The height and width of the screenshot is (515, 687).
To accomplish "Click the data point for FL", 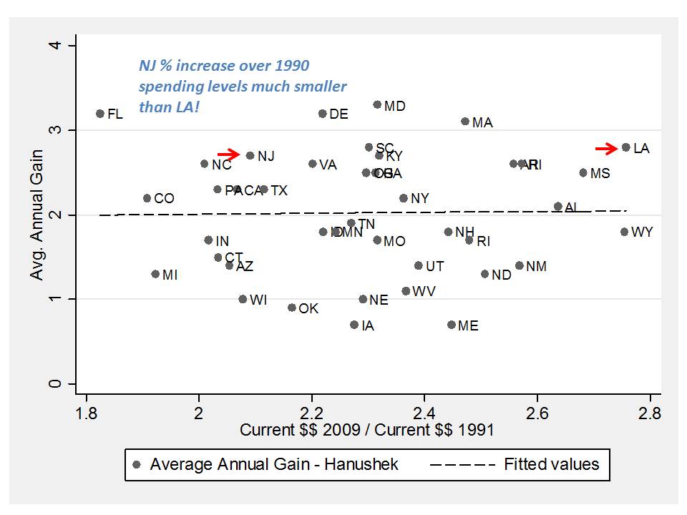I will click(100, 114).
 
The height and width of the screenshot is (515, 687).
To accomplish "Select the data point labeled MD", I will click(377, 105).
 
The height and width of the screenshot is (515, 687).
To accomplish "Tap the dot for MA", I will click(465, 122).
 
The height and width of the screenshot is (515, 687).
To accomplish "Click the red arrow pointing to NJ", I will click(229, 154).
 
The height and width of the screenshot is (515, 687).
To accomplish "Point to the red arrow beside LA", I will click(606, 149).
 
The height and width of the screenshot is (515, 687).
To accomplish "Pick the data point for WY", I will click(624, 232).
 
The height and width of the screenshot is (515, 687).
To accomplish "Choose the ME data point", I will click(452, 325).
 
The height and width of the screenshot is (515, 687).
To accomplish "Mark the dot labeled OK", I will click(291, 308).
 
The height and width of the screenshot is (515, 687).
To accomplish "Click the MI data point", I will click(155, 274).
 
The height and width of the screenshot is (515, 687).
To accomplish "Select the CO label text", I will click(164, 199).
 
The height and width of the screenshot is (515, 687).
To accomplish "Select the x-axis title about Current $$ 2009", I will click(366, 431).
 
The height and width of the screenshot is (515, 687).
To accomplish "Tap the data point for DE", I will click(323, 114).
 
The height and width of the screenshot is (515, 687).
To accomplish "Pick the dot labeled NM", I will click(520, 265).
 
